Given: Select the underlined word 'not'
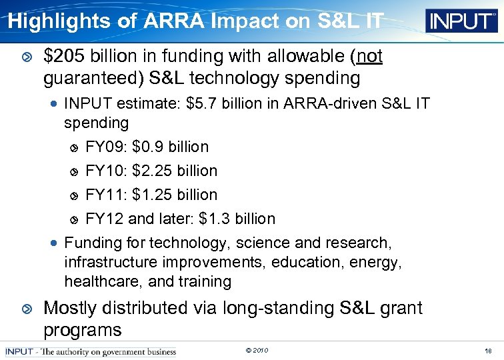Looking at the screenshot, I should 369,57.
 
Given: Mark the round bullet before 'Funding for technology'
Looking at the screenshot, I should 55,243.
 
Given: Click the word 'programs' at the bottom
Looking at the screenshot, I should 82,329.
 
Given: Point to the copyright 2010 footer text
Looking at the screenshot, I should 257,351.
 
